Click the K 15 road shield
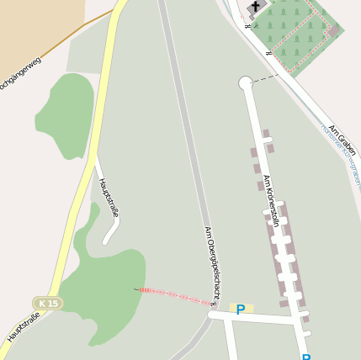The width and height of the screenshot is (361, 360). coord(48,303)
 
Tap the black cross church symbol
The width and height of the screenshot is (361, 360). coord(254,7)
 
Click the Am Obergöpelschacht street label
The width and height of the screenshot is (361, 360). coord(213,263)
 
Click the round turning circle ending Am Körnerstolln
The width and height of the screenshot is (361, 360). coord(246,82)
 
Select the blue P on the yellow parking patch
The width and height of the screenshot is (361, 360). coord(241,310)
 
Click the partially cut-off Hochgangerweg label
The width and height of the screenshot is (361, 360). coord(19,76)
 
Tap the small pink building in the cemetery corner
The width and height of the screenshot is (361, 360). coord(333,31)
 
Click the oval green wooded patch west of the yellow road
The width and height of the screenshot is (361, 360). coord(64,115)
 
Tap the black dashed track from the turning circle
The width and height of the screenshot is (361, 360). coord(265,78)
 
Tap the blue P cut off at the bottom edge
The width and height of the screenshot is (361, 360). coord(306,357)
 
